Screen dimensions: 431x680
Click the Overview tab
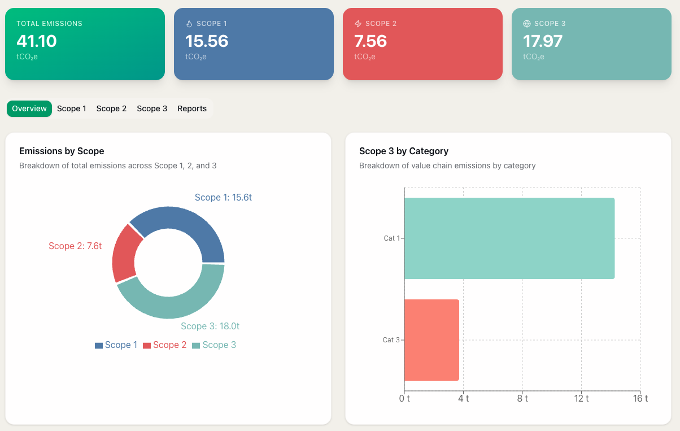pyautogui.click(x=29, y=108)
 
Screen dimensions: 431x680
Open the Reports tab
pyautogui.click(x=192, y=108)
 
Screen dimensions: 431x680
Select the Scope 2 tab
pyautogui.click(x=111, y=108)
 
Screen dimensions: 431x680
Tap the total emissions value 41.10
pyautogui.click(x=37, y=41)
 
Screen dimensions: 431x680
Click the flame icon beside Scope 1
pyautogui.click(x=189, y=24)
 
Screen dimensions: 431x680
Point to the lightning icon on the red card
pyautogui.click(x=358, y=24)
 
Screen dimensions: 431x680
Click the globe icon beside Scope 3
pyautogui.click(x=527, y=24)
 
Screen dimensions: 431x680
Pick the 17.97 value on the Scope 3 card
pyautogui.click(x=543, y=41)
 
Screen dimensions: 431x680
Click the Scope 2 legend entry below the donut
pyautogui.click(x=164, y=345)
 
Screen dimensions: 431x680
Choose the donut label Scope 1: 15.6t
pyautogui.click(x=223, y=197)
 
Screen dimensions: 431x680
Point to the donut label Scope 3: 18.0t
pyautogui.click(x=210, y=326)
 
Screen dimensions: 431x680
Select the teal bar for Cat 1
pyautogui.click(x=509, y=238)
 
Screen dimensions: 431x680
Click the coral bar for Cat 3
pyautogui.click(x=431, y=340)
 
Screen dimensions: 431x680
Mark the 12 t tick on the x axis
pyautogui.click(x=581, y=399)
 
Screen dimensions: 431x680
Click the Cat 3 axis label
pyautogui.click(x=391, y=340)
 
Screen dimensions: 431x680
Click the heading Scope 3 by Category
pyautogui.click(x=404, y=151)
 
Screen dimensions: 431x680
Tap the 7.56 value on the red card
pyautogui.click(x=370, y=41)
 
